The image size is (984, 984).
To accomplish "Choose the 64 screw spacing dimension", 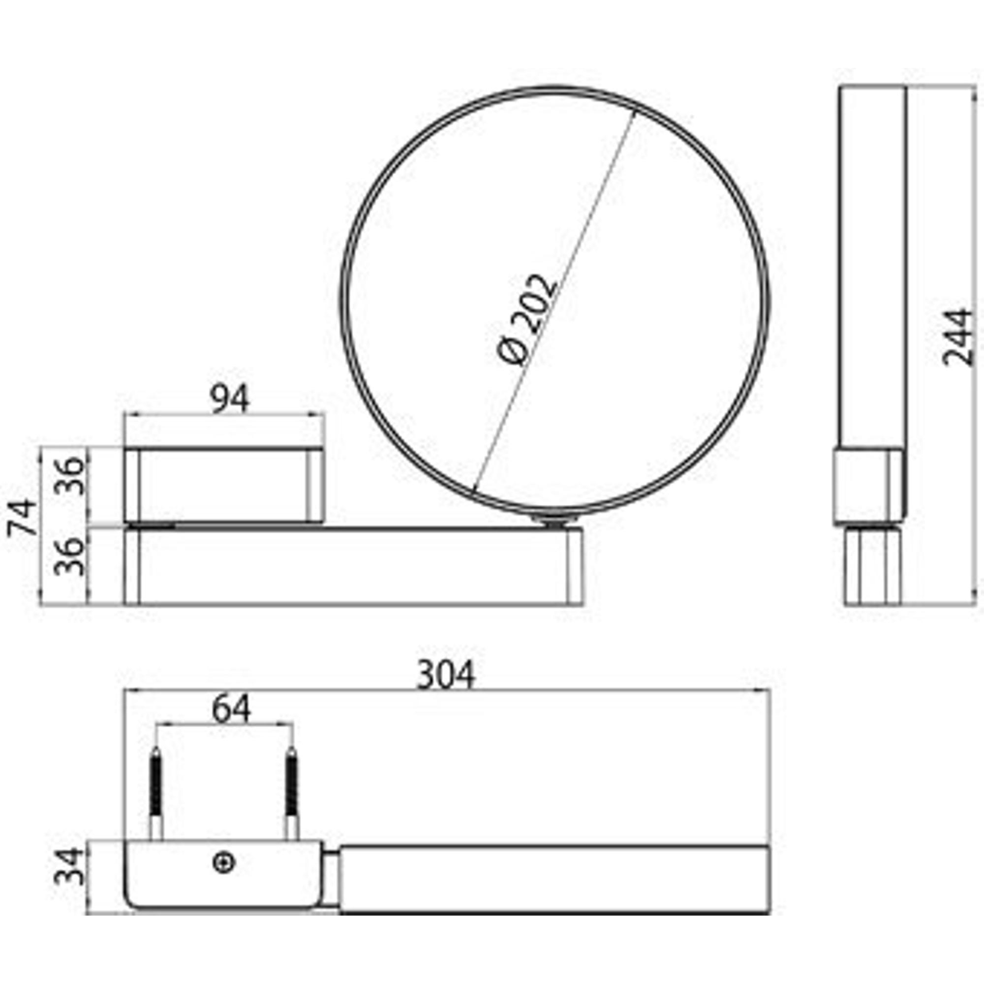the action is pos(232,709).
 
